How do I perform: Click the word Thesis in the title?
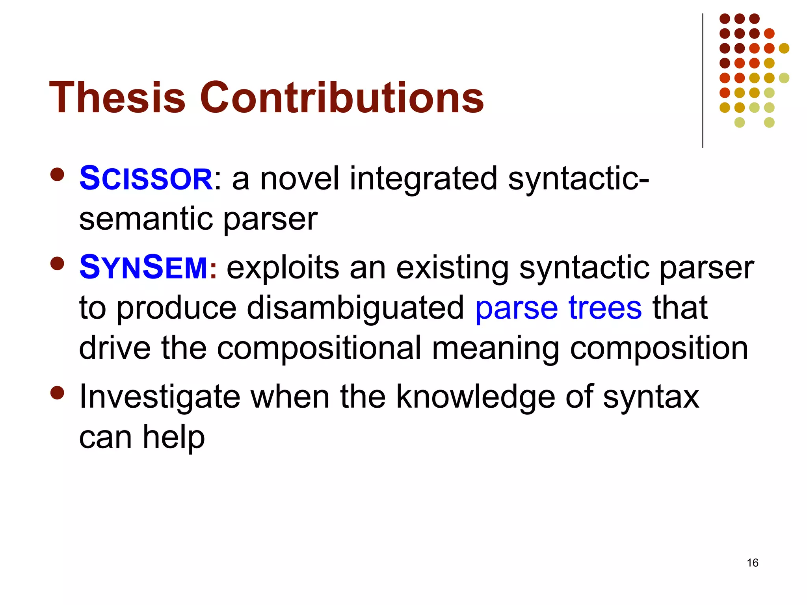pyautogui.click(x=117, y=97)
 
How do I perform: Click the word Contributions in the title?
pyautogui.click(x=342, y=97)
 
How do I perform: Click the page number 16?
pyautogui.click(x=752, y=563)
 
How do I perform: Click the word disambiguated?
pyautogui.click(x=355, y=308)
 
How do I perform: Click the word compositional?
pyautogui.click(x=319, y=348)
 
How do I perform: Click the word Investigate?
pyautogui.click(x=160, y=397)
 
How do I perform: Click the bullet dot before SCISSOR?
pyautogui.click(x=58, y=174)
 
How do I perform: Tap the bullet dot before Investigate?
pyautogui.click(x=58, y=392)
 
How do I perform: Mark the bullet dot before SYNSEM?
pyautogui.click(x=58, y=264)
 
